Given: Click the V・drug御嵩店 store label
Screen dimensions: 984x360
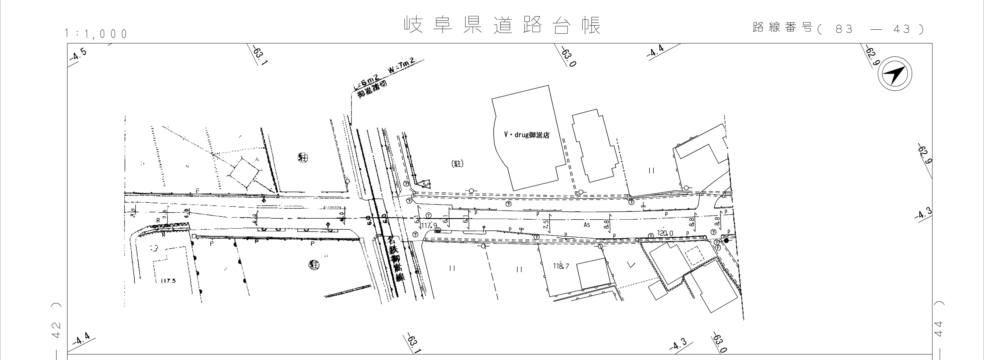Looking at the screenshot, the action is pos(526,135).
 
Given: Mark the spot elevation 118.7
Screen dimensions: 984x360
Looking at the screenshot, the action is pos(561,266).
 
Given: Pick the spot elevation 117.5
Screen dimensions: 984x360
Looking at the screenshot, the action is pos(168,281).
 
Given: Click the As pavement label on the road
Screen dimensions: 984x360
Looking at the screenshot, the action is pos(587,225).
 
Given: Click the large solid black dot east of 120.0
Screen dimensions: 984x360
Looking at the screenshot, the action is pos(726,241).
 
